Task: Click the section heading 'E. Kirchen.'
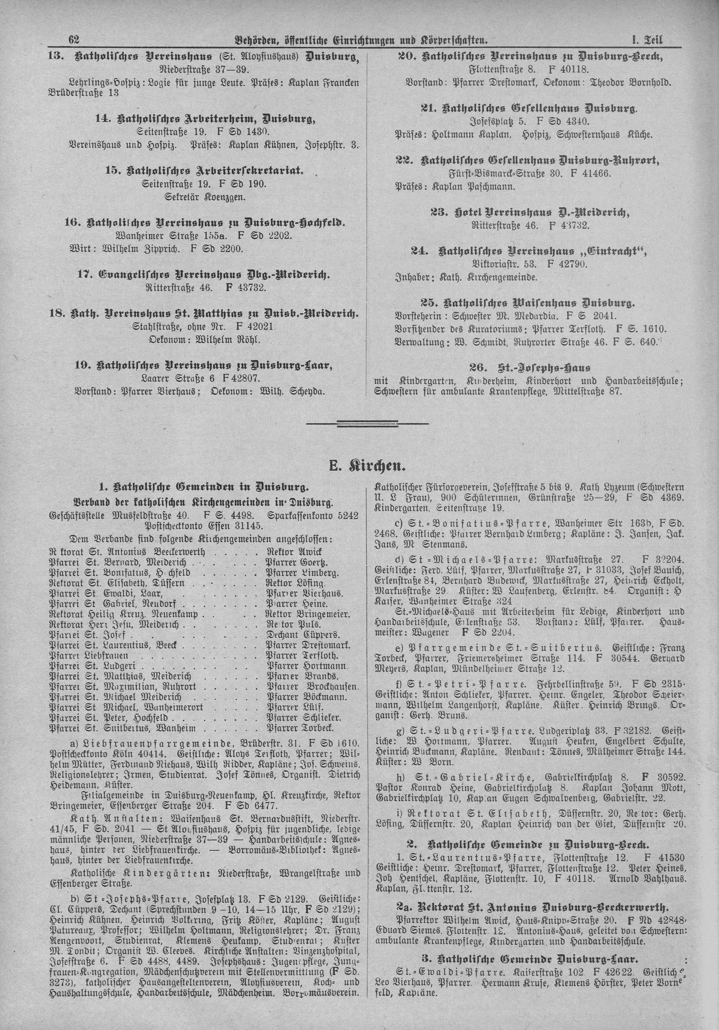coord(368,467)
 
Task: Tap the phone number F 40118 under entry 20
coord(569,70)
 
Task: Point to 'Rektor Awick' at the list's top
coord(294,552)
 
